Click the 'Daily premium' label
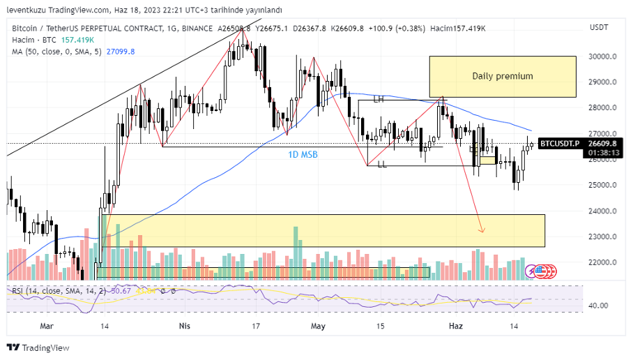pyautogui.click(x=502, y=76)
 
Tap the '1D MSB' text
pyautogui.click(x=303, y=154)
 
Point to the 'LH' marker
pyautogui.click(x=379, y=100)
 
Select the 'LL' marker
pyautogui.click(x=382, y=165)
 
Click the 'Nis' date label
pyautogui.click(x=185, y=326)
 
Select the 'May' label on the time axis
pyautogui.click(x=319, y=326)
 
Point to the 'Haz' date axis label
pyautogui.click(x=456, y=326)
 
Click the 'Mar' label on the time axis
pyautogui.click(x=47, y=326)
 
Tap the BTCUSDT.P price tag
pyautogui.click(x=560, y=143)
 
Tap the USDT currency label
pyautogui.click(x=599, y=27)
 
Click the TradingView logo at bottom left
pyautogui.click(x=38, y=347)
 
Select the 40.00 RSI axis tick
pyautogui.click(x=599, y=306)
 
